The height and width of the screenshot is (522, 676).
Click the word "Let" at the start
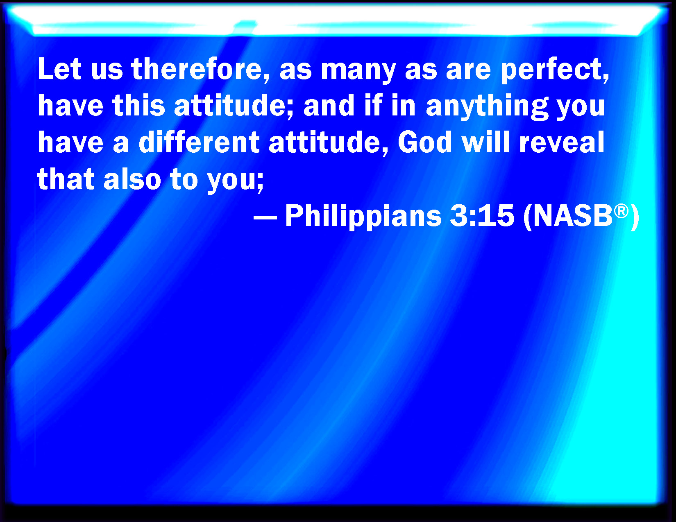[x=59, y=69]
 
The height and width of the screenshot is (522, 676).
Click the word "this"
[x=138, y=105]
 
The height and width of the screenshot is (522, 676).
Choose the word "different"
[x=199, y=142]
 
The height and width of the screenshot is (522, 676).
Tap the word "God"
[x=424, y=142]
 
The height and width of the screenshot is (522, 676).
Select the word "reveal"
[x=562, y=142]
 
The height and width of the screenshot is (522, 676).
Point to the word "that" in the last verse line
[x=66, y=179]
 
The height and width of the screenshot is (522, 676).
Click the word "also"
[x=132, y=179]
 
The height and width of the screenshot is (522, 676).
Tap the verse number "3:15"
[x=482, y=216]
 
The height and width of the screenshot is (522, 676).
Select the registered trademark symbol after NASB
[x=621, y=211]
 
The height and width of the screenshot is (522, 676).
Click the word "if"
[x=373, y=105]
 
